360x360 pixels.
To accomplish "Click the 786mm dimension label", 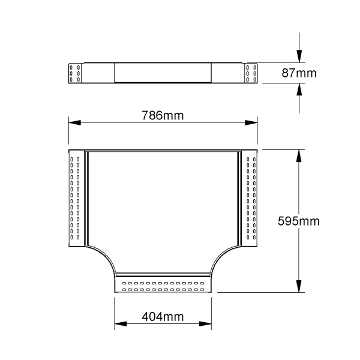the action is coord(163,115).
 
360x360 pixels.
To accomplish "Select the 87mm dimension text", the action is coord(299,73).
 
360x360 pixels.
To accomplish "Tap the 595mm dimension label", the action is coord(298,221).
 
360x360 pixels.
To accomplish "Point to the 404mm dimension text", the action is coord(163,317).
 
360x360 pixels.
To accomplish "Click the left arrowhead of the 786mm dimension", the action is coord(74,122).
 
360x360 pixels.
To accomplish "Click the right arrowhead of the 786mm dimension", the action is coord(251,122).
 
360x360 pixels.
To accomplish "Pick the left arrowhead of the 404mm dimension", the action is coord(121,324).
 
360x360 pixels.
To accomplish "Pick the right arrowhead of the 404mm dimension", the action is coord(205,324).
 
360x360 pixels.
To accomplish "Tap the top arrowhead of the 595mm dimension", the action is coord(299,156).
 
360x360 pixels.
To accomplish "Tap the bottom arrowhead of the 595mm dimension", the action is coord(299,286).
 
